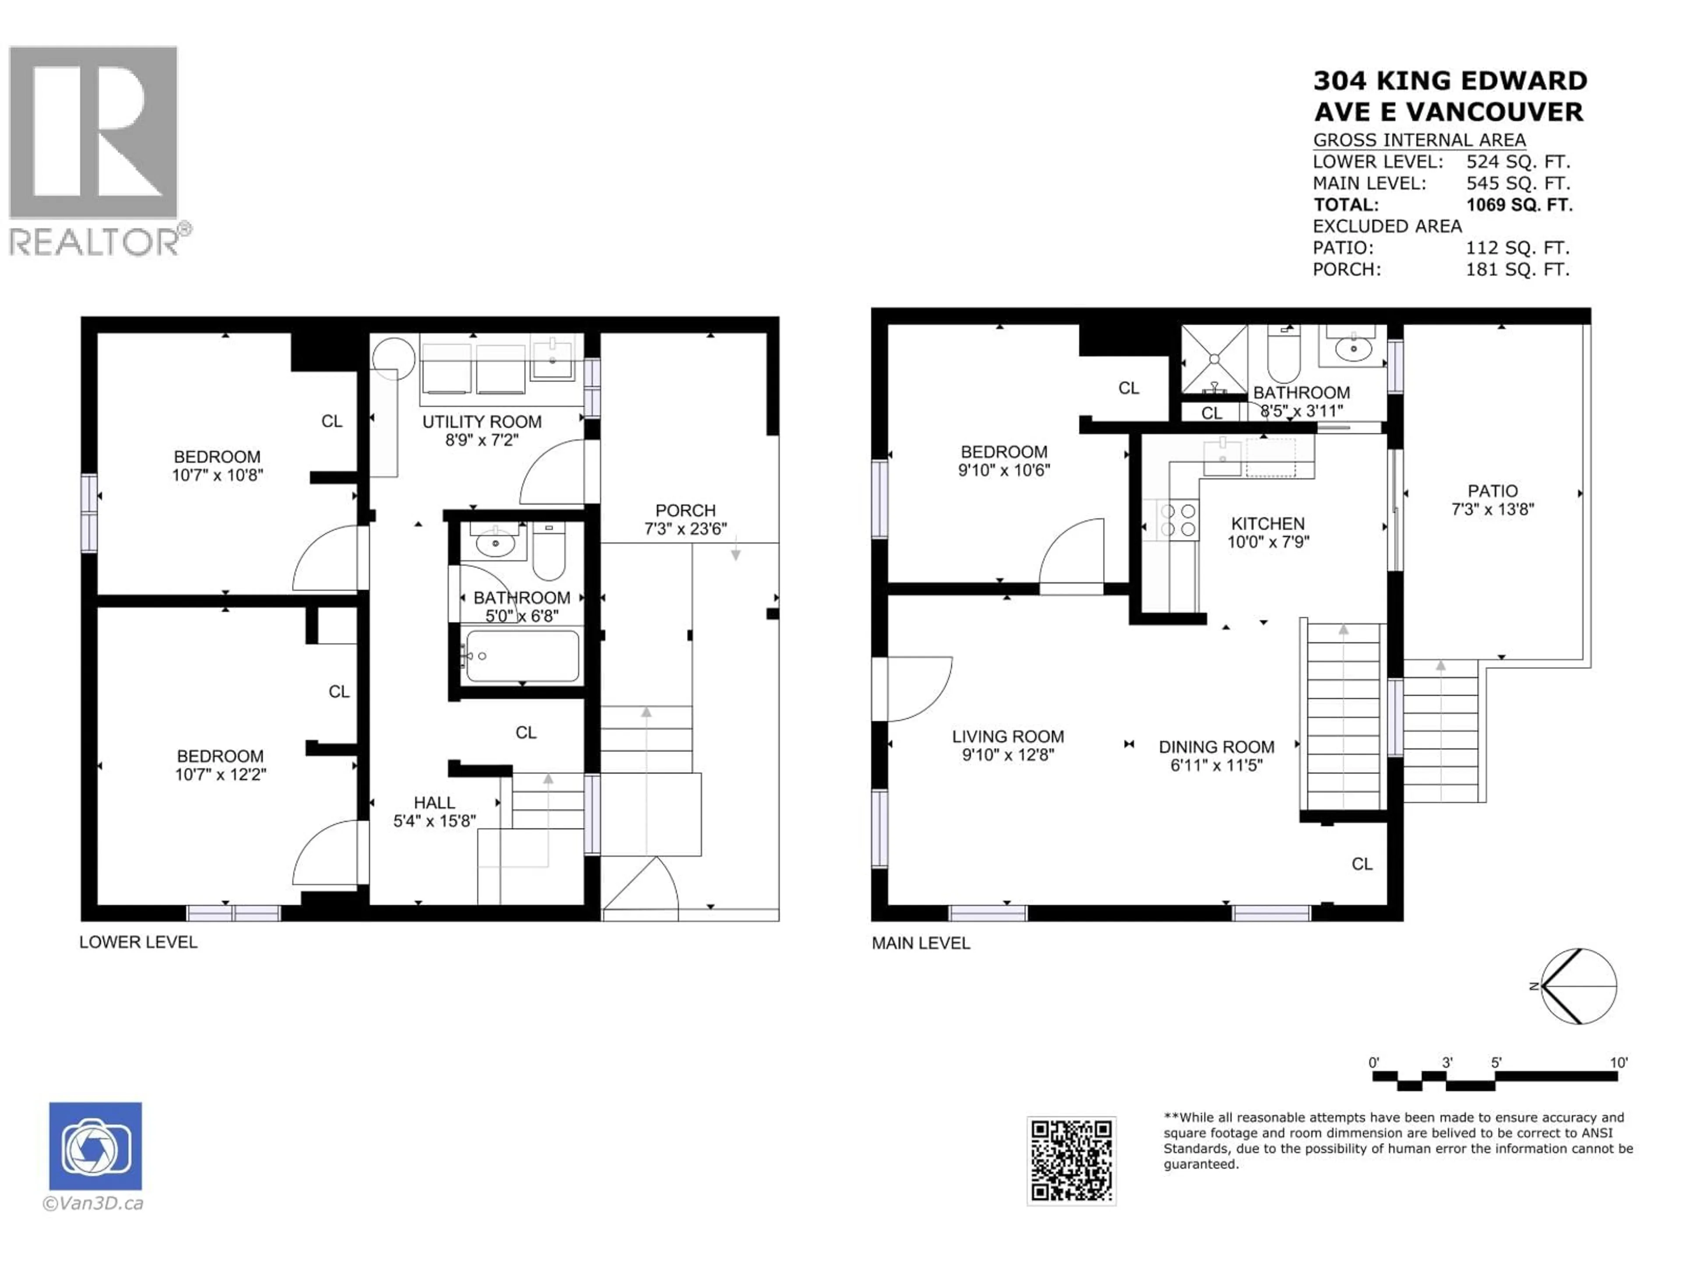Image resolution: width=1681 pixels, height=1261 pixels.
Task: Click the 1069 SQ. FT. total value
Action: [1518, 204]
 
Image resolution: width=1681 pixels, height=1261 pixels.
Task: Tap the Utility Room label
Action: [482, 422]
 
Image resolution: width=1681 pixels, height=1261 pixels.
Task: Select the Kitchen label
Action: [1268, 524]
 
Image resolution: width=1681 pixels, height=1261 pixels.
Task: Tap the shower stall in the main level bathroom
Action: [1213, 359]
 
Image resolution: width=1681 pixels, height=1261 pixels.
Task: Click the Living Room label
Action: [1008, 736]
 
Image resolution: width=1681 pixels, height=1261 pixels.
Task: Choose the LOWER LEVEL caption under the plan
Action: [138, 943]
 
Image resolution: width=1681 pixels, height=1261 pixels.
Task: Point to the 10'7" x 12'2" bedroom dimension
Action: [220, 775]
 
